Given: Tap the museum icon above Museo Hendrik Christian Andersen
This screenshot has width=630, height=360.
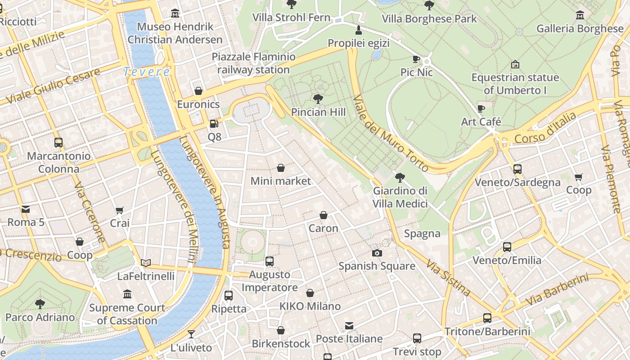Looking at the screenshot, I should coord(175,13).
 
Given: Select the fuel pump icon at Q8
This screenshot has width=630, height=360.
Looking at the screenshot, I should coord(214,123).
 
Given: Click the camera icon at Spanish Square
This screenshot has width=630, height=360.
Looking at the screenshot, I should coord(377,253).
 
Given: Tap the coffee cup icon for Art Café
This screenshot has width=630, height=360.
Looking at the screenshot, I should coord(481,108).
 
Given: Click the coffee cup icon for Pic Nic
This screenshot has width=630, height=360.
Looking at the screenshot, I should coord(416,59).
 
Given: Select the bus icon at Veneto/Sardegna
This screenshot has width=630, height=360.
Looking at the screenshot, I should coord(517,169).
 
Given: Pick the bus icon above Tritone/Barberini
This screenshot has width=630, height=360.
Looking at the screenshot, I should coord(487,318).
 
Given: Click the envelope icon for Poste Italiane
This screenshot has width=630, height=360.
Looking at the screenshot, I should coord(349,326).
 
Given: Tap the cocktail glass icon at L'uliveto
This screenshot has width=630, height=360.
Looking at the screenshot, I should coord(191,334).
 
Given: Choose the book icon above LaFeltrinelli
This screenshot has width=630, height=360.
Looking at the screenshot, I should coord(146,263).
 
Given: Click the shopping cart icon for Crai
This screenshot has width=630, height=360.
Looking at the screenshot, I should coord(120,210).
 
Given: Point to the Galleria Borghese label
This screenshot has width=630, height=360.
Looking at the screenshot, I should coord(580,29).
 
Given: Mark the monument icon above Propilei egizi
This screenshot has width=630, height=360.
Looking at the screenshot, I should coord(359,30).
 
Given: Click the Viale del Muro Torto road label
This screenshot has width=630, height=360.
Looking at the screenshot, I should coord(390,133).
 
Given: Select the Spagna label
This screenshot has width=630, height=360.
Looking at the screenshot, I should coord(422,234).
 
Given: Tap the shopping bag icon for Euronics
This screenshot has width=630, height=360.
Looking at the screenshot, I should coord(198,91).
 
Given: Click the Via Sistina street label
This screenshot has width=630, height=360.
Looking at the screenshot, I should coord(448,278).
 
